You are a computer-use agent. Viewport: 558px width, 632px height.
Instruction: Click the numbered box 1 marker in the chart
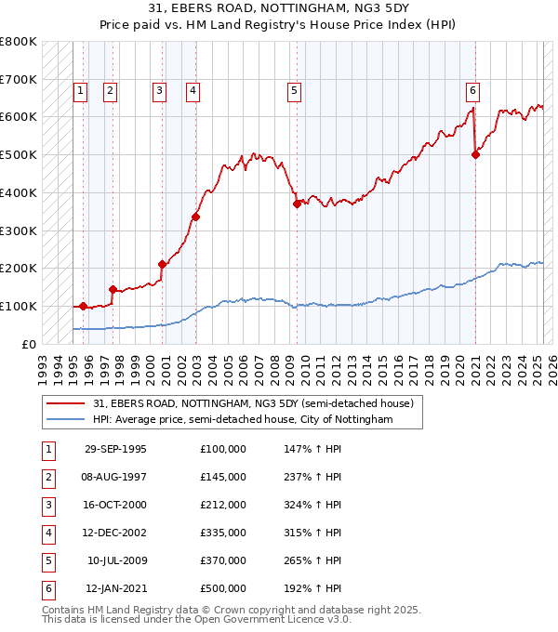coord(81,91)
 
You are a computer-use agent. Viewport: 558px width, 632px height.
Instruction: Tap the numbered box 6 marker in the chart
coord(473,91)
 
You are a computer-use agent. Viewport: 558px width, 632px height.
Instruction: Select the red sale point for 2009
coord(297,204)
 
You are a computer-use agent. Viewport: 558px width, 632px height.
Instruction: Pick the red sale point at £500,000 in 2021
coord(475,154)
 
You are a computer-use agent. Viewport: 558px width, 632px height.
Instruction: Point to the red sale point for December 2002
coord(196,217)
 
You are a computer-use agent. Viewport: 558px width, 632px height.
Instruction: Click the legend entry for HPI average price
coord(243,420)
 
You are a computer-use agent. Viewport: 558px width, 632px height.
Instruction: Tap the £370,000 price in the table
coord(223,560)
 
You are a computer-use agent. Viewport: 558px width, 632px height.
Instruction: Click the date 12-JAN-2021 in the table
coord(116,588)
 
